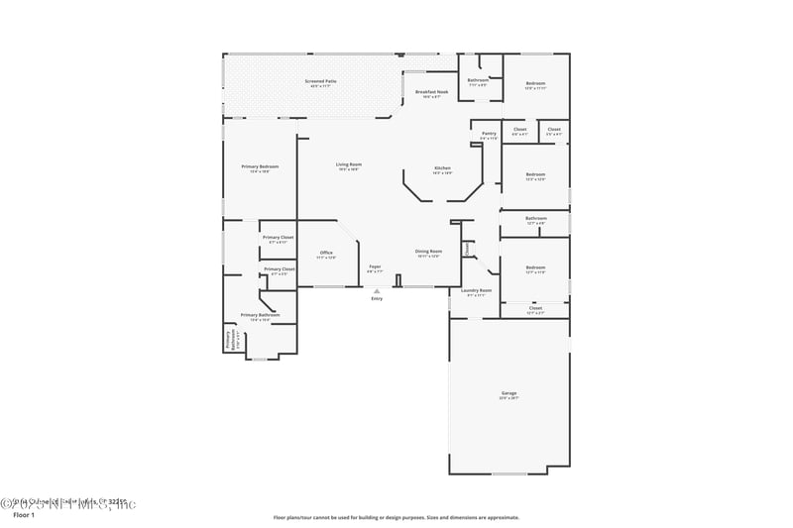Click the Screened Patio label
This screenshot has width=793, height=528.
tap(320, 81)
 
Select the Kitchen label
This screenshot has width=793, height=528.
tap(442, 169)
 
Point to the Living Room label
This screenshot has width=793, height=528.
tap(348, 165)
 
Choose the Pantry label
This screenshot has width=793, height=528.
tap(489, 134)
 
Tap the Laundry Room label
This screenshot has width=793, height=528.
tap(476, 291)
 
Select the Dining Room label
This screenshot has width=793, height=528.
tap(428, 253)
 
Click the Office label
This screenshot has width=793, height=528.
tap(326, 254)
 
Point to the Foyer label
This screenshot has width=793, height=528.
tap(375, 267)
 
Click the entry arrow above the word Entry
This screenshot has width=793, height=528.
tap(377, 290)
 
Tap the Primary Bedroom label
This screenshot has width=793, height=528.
tap(260, 167)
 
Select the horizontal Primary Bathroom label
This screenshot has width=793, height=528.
tap(260, 316)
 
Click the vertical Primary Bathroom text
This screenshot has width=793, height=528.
tap(228, 340)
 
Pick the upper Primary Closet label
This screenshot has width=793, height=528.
tap(278, 238)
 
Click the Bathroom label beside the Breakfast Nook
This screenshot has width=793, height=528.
tap(478, 81)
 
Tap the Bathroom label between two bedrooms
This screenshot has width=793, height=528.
tap(535, 219)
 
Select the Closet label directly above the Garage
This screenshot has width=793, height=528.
tap(535, 309)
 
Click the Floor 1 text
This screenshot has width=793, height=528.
tap(24, 516)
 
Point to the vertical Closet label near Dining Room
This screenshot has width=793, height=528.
tap(467, 249)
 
